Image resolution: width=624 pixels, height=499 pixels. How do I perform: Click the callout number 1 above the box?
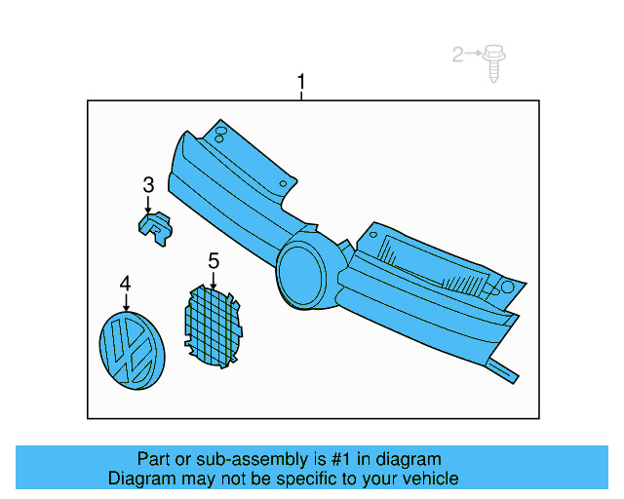(301, 82)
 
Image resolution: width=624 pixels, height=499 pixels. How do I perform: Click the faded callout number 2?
(458, 56)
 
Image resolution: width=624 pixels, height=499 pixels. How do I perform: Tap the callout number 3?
(148, 184)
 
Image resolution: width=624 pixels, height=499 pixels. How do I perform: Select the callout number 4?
(125, 283)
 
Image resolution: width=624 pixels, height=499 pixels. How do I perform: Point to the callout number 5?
(214, 260)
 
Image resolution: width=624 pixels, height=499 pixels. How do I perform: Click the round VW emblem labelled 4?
(133, 352)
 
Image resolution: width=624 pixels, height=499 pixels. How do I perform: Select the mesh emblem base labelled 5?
(212, 325)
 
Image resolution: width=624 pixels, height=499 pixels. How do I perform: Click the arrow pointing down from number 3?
(148, 205)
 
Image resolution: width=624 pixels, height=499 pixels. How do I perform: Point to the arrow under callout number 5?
(214, 279)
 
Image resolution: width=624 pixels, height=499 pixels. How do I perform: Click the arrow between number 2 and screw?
(475, 56)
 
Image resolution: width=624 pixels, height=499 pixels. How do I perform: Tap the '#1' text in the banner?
(313, 459)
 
